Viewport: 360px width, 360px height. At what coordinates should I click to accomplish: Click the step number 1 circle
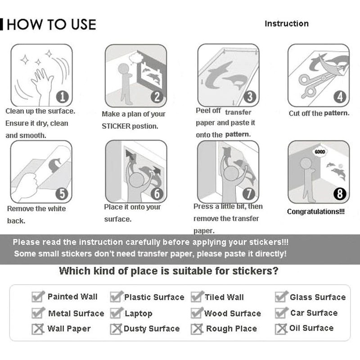click(63, 97)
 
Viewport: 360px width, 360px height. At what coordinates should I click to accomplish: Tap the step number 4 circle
click(340, 97)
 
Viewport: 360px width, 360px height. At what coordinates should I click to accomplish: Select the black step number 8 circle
click(340, 193)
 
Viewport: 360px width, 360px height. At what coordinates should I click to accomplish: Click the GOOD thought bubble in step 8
click(320, 152)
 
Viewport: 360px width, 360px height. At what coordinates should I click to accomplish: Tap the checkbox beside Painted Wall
click(38, 296)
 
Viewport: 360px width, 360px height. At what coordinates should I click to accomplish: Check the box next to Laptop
click(117, 313)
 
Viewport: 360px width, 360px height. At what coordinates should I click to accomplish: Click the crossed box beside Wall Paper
click(38, 329)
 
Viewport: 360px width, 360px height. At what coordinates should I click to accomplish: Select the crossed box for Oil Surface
click(281, 329)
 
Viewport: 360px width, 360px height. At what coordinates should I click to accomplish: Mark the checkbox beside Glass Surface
click(281, 297)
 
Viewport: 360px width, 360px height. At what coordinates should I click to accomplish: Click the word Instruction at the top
click(287, 24)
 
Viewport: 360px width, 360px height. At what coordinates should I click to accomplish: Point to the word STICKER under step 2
click(116, 126)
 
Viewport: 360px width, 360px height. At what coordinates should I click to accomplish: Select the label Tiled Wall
click(224, 297)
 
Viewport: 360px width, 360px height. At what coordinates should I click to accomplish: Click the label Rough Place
click(231, 328)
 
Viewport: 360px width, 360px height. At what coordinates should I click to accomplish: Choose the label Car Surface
click(314, 313)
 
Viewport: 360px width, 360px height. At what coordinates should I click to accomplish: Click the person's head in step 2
click(123, 69)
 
